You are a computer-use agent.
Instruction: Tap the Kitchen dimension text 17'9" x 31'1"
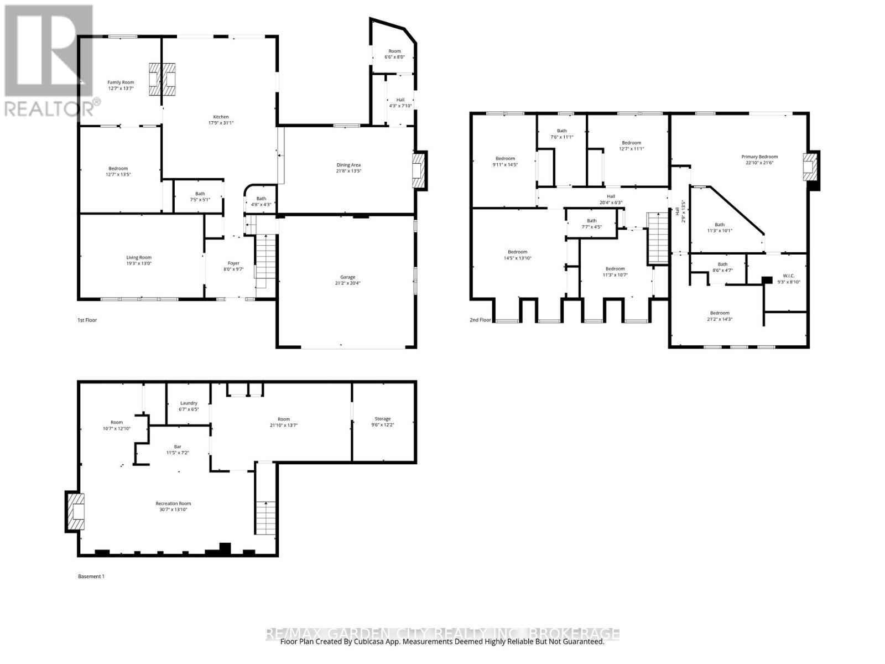coord(221,123)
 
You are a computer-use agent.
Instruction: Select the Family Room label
coord(121,82)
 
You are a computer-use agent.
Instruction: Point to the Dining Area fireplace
coord(419,171)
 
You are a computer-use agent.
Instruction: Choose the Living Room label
coord(139,257)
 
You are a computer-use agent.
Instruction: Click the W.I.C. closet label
coord(789,276)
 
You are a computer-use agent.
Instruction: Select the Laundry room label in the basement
coord(189,403)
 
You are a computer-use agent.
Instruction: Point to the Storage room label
coord(382,419)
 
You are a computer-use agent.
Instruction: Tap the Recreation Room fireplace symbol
coord(75,512)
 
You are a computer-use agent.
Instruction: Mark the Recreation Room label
coord(173,504)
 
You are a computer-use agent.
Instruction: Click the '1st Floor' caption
coord(87,320)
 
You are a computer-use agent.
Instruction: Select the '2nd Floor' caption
coord(480,320)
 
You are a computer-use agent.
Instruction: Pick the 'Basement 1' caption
coord(91,576)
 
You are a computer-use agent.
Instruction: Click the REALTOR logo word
coord(50,108)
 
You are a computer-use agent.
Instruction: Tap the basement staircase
coord(266,517)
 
